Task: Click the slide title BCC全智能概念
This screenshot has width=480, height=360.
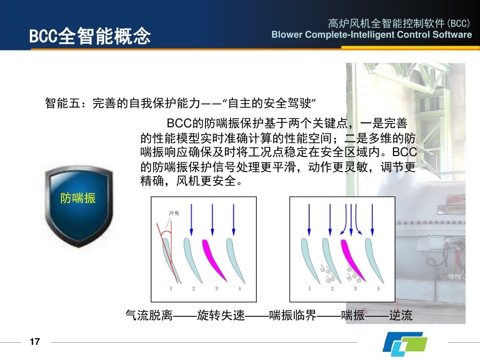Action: pos(90,36)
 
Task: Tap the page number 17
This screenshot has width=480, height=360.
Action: pos(35,341)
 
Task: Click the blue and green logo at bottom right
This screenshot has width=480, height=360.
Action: pos(405,344)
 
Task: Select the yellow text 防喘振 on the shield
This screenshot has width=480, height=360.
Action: pos(78,198)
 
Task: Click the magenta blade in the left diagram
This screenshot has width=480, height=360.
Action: pos(214,260)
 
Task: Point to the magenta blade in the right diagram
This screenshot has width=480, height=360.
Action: pos(352,260)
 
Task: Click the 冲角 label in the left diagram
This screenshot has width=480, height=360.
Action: pos(174,213)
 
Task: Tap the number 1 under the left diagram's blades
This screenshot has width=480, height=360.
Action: pos(171,288)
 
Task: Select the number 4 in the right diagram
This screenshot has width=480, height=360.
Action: pos(378,288)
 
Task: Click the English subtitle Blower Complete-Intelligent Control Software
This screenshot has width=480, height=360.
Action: pos(372,35)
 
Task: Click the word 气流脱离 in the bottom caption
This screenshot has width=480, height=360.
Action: pos(149,315)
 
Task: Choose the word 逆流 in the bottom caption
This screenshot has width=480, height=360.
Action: pos(401,315)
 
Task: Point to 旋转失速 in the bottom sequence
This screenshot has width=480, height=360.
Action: pos(221,315)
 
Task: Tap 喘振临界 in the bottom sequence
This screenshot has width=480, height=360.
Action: pos(293,315)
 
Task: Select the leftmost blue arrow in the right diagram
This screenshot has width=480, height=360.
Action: pos(309,220)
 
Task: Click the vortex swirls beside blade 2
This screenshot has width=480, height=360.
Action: pos(327,274)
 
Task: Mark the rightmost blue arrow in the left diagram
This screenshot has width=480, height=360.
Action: pos(234,220)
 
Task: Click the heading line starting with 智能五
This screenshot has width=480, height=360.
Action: pos(180,103)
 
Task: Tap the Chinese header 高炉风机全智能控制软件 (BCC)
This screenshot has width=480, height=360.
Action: pos(399,23)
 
